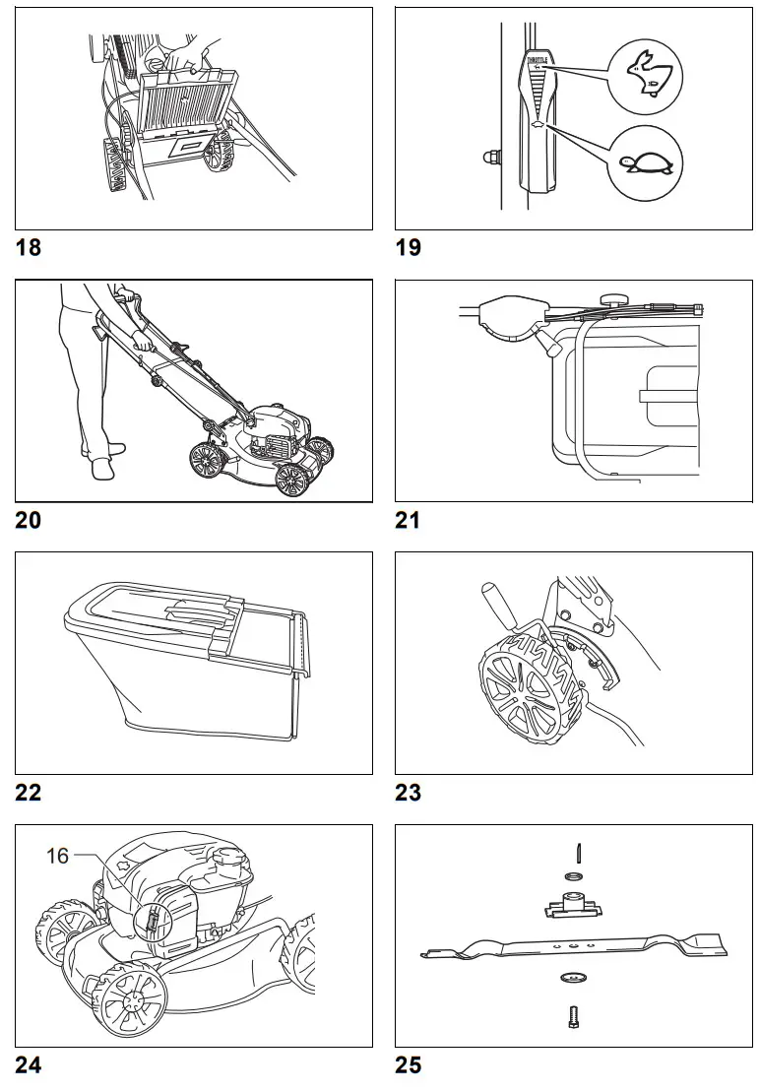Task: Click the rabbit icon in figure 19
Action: (646, 75)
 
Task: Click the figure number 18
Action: (29, 247)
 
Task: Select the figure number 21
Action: (408, 520)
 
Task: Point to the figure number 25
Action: (408, 1064)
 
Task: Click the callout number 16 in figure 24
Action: (58, 856)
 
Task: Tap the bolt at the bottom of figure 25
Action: (573, 1017)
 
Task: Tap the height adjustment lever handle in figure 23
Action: (490, 599)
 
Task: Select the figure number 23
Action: (408, 792)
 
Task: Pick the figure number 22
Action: (29, 792)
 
